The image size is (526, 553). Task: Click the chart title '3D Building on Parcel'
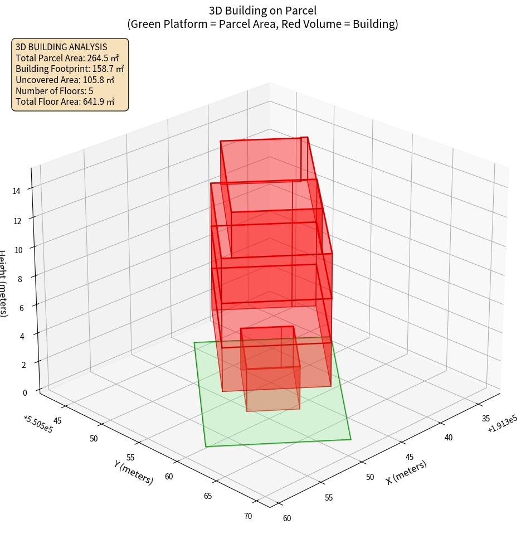pyautogui.click(x=263, y=10)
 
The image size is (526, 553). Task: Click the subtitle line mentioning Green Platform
pyautogui.click(x=263, y=24)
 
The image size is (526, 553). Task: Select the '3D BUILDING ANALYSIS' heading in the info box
pyautogui.click(x=61, y=47)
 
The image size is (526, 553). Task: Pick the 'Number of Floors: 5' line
pyautogui.click(x=54, y=91)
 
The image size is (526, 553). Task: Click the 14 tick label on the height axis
pyautogui.click(x=16, y=191)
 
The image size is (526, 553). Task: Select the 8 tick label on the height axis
pyautogui.click(x=20, y=278)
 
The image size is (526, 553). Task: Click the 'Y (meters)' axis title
pyautogui.click(x=134, y=472)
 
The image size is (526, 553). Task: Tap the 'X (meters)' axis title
pyautogui.click(x=406, y=472)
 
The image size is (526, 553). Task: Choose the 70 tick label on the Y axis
pyautogui.click(x=247, y=516)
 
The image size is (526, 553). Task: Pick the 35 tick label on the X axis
pyautogui.click(x=486, y=418)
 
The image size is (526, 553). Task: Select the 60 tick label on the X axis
pyautogui.click(x=286, y=518)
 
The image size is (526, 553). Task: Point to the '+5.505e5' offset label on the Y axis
pyautogui.click(x=38, y=424)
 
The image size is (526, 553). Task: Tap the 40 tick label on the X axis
pyautogui.click(x=449, y=438)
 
